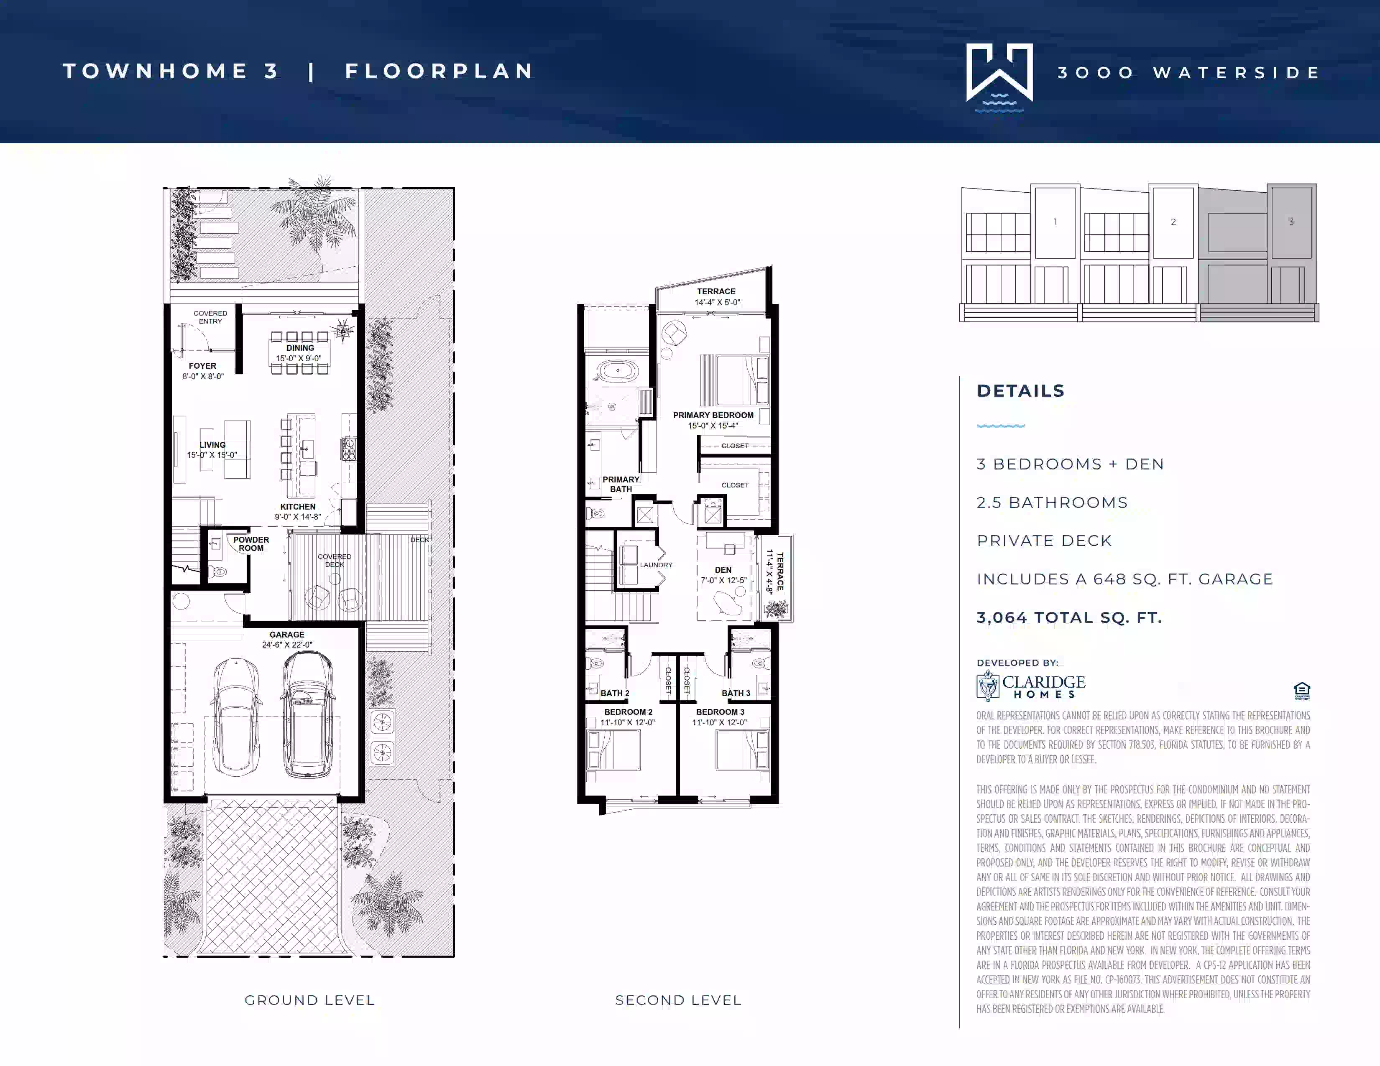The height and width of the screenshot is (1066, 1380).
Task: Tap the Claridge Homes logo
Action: click(1031, 686)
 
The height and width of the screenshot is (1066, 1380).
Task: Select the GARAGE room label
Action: click(287, 635)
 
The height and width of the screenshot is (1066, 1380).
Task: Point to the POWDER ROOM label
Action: click(251, 544)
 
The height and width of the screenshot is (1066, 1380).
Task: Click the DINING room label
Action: click(300, 348)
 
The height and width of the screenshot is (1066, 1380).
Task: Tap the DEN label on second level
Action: click(723, 570)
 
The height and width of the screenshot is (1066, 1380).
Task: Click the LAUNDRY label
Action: click(656, 565)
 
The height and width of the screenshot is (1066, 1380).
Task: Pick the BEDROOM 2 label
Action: click(628, 712)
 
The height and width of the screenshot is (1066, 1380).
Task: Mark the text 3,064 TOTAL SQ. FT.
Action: click(1069, 617)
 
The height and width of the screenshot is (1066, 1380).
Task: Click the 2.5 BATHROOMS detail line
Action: click(1052, 502)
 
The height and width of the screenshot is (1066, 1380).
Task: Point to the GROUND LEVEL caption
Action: click(309, 1000)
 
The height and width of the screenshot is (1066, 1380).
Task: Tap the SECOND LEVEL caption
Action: click(678, 1000)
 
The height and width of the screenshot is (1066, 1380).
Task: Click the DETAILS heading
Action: click(1020, 391)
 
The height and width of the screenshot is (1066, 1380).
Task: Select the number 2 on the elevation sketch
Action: click(1173, 222)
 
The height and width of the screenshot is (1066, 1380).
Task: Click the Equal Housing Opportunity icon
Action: click(1302, 691)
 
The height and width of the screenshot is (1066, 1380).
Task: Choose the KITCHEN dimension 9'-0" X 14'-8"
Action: click(298, 517)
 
